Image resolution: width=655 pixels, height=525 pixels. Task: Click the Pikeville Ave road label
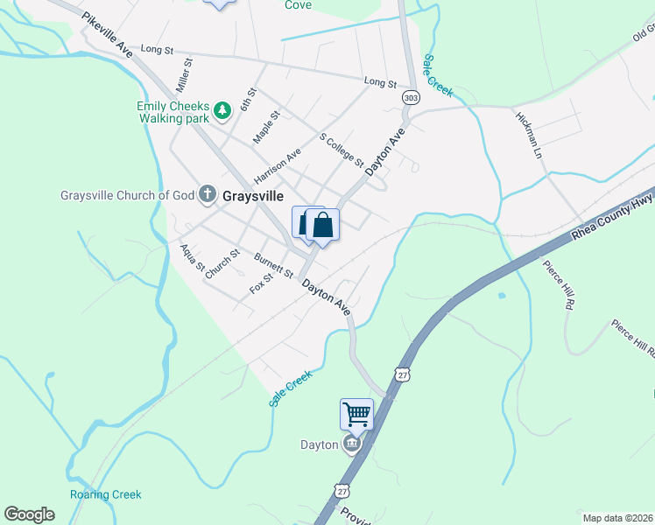[108, 35]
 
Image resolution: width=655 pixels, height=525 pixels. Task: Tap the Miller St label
[183, 76]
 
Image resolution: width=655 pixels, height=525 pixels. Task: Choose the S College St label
[342, 150]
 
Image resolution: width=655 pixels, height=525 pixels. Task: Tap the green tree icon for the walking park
[223, 109]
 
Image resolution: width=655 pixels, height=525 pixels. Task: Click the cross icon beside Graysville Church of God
[208, 193]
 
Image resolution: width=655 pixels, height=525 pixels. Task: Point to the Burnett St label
[273, 265]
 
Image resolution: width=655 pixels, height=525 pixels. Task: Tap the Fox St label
[262, 283]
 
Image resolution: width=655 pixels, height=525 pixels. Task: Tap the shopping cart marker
[356, 413]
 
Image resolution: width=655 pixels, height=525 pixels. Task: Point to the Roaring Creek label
[106, 494]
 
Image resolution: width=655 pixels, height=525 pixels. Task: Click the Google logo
[29, 514]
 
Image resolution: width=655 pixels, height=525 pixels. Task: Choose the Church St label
[222, 264]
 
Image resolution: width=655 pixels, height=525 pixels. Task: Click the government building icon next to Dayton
[353, 444]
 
